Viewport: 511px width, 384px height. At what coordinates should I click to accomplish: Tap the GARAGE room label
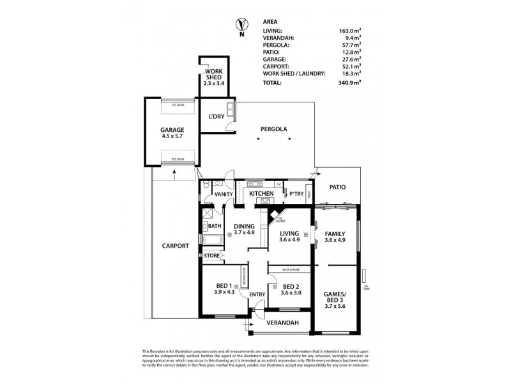click(x=172, y=129)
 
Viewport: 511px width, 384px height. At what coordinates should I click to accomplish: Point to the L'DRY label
click(x=215, y=116)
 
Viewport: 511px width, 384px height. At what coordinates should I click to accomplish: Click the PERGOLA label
click(x=273, y=129)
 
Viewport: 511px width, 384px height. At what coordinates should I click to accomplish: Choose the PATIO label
click(x=337, y=188)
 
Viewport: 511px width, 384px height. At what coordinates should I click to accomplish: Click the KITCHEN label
click(x=261, y=193)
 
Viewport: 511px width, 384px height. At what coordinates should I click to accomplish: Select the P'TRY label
click(x=296, y=193)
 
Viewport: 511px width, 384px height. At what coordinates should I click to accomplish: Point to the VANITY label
click(x=223, y=194)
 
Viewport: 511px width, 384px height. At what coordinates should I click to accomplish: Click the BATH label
click(x=214, y=225)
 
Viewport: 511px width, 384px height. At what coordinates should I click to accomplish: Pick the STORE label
click(x=211, y=256)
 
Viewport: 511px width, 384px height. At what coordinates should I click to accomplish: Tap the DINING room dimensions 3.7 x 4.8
click(x=245, y=234)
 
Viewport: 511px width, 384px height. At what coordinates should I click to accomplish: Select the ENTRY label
click(x=257, y=294)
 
